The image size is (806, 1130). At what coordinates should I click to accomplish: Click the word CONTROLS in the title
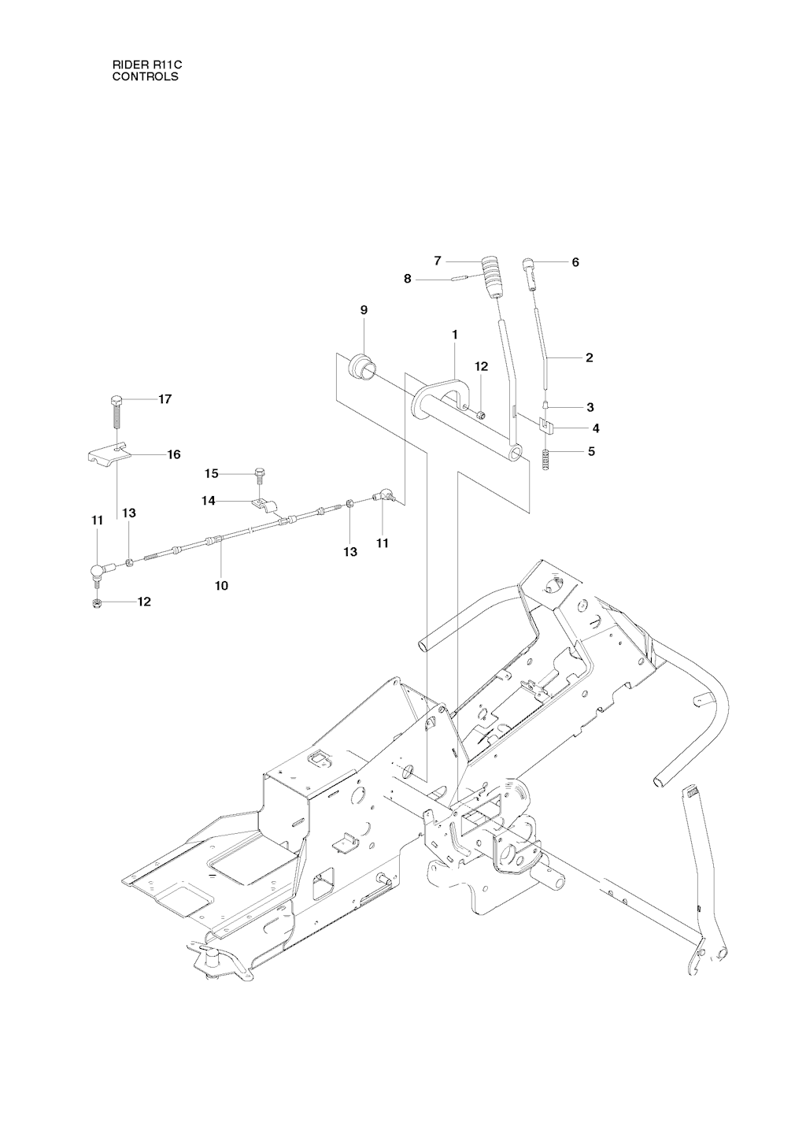145,77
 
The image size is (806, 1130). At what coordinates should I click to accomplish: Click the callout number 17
165,399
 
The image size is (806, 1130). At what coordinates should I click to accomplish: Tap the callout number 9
364,310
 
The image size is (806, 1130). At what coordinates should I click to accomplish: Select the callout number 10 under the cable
221,586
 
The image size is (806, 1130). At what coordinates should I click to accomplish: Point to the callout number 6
575,262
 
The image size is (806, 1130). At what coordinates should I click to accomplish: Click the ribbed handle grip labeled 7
493,275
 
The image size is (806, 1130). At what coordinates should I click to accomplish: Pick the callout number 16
173,454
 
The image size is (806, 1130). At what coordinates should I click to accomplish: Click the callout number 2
589,358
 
